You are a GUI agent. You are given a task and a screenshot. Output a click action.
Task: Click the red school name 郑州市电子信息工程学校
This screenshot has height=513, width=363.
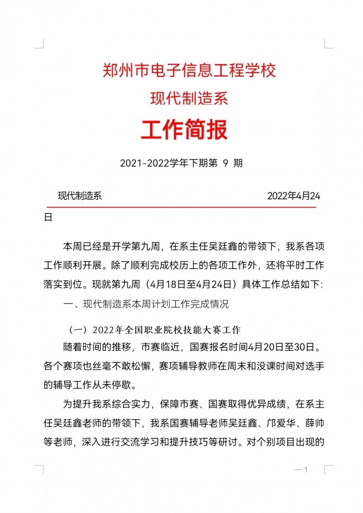[x=189, y=71]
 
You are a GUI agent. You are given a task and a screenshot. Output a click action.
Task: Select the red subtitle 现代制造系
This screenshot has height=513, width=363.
[x=189, y=99]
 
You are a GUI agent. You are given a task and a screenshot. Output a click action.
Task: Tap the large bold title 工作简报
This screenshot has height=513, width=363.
[x=184, y=131]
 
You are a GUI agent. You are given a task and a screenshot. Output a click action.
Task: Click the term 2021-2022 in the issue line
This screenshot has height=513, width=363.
[x=145, y=164]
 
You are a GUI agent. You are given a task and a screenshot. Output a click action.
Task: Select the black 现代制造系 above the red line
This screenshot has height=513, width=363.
[x=79, y=196]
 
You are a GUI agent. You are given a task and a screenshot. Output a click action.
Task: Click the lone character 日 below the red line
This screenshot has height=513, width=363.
[x=48, y=217]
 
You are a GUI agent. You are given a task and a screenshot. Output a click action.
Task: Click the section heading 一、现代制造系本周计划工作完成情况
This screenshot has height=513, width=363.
[x=147, y=305]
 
